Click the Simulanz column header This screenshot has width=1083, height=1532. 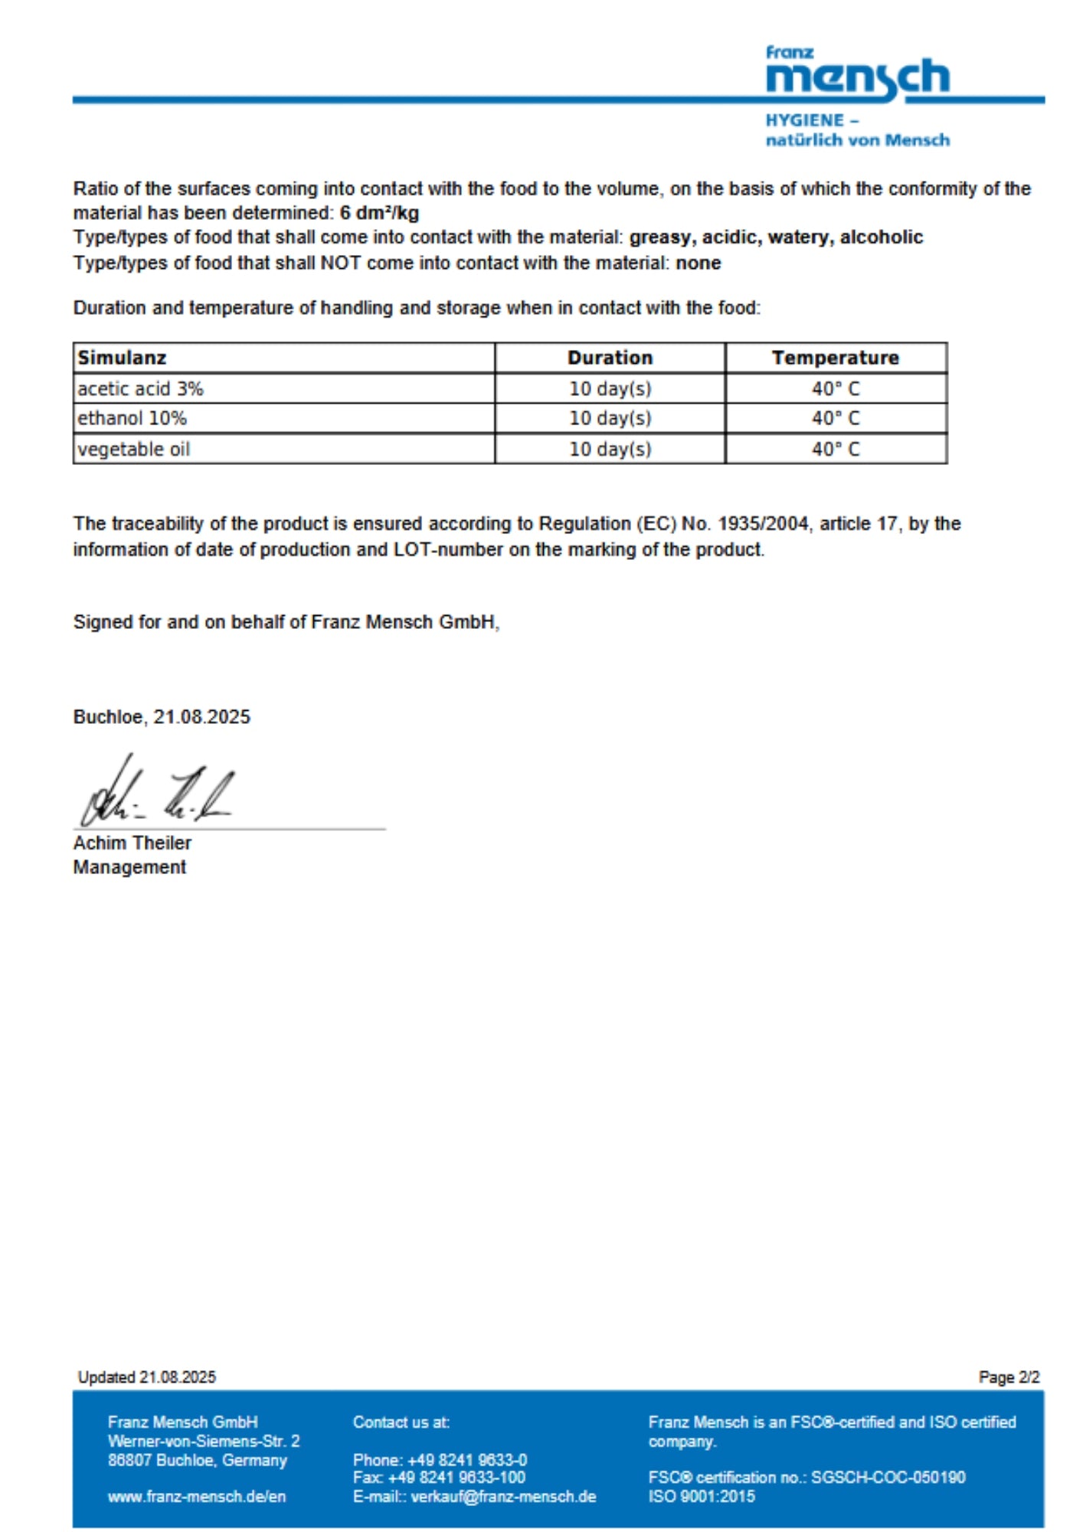click(x=122, y=358)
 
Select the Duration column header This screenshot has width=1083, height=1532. click(x=610, y=358)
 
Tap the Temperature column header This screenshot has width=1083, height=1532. click(x=835, y=358)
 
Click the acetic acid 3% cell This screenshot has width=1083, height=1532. click(x=140, y=389)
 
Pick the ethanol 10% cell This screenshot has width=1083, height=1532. click(x=132, y=418)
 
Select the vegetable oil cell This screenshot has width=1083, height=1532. click(x=133, y=449)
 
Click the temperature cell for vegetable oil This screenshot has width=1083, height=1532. click(x=835, y=449)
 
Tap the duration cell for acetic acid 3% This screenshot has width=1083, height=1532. click(x=610, y=389)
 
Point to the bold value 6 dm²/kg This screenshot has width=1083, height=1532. click(x=379, y=213)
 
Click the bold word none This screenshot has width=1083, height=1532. click(x=698, y=263)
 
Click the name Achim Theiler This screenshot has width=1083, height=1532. click(x=132, y=843)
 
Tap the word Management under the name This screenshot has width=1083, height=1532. click(x=129, y=867)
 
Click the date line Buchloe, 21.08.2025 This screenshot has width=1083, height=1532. click(x=162, y=717)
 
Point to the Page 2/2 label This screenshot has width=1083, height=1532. click(x=1009, y=1377)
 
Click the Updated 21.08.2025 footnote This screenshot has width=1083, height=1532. click(x=146, y=1377)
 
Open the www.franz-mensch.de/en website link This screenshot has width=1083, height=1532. click(x=197, y=1496)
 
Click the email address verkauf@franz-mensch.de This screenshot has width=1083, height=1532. click(x=503, y=1496)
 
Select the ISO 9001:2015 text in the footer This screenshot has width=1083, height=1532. click(x=701, y=1496)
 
